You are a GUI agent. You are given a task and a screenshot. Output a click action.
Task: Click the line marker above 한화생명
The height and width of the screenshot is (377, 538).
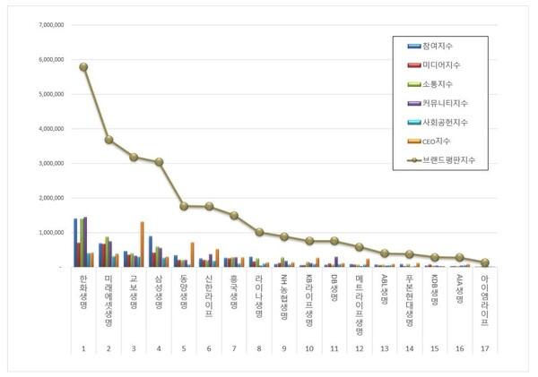click(83, 66)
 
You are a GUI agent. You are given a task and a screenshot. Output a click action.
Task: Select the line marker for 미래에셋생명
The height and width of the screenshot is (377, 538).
click(108, 140)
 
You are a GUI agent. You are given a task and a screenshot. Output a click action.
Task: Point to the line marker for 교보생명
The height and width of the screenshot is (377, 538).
click(134, 157)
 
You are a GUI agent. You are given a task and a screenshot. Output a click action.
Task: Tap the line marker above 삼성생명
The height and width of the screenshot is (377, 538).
click(159, 162)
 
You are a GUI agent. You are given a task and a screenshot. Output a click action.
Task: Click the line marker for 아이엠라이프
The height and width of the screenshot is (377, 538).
click(485, 262)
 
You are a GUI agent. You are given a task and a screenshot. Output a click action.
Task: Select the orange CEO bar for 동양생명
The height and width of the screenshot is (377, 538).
click(192, 254)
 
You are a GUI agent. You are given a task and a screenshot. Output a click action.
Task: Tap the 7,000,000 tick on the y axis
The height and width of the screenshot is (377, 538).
click(48, 24)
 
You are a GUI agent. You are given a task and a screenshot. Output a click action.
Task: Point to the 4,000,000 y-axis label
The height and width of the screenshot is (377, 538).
click(48, 128)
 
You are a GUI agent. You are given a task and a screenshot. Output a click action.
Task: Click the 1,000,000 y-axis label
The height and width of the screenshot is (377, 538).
click(48, 232)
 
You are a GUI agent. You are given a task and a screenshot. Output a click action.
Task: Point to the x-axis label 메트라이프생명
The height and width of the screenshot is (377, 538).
click(360, 305)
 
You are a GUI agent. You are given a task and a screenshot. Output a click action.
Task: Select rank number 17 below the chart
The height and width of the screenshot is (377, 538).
click(485, 348)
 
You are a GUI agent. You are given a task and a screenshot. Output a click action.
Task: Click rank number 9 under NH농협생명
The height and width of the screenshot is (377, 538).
click(284, 348)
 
